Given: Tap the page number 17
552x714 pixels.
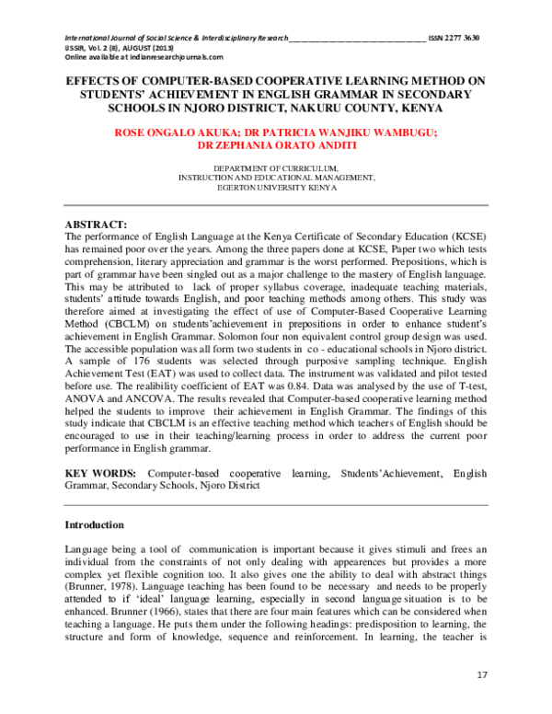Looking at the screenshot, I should tap(482, 676).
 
